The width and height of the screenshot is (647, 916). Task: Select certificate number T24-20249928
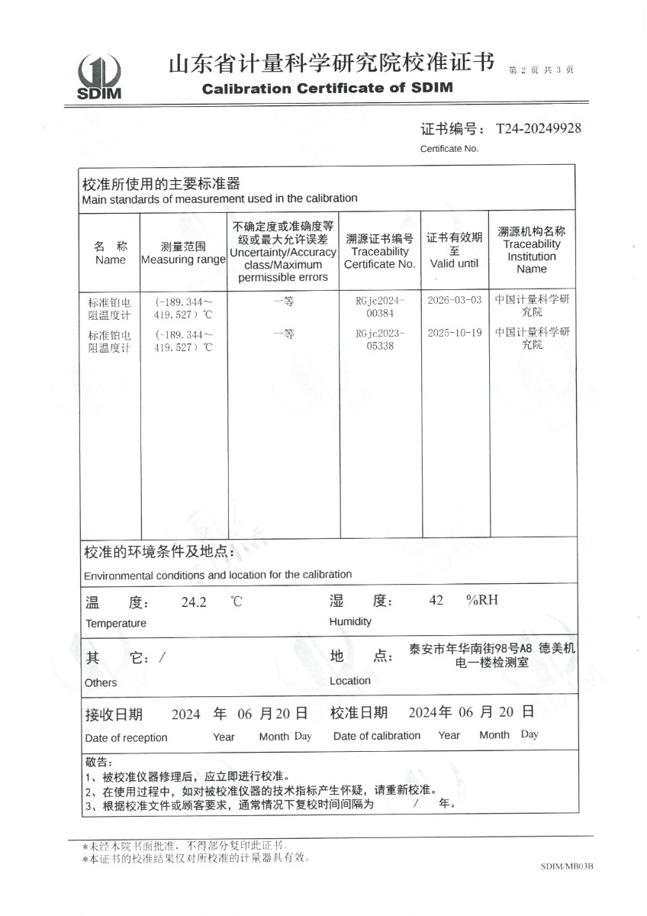(x=538, y=128)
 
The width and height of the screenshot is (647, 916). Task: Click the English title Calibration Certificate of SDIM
(x=327, y=88)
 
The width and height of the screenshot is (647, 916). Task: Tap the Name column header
(x=111, y=253)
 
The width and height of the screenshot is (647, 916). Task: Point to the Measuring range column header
(x=183, y=253)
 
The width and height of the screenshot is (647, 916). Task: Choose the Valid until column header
(x=454, y=250)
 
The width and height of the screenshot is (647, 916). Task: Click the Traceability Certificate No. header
(x=379, y=251)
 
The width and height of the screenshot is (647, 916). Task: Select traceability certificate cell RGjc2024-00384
(x=379, y=307)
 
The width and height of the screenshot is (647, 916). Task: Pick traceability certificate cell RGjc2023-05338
(x=379, y=340)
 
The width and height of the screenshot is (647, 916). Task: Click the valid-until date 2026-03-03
(x=455, y=301)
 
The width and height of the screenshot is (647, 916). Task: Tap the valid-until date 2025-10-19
(x=455, y=334)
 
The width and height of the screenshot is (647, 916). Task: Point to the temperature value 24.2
(x=194, y=602)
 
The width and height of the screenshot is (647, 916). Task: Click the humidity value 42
(x=436, y=600)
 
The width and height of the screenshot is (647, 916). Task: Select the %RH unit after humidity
(x=481, y=600)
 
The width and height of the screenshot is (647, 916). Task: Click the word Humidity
(x=350, y=621)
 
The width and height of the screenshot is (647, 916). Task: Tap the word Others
(x=101, y=682)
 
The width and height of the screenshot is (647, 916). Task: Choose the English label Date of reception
(x=126, y=737)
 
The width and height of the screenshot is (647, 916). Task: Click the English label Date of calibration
(x=377, y=736)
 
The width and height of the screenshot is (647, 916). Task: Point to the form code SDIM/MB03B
(x=566, y=866)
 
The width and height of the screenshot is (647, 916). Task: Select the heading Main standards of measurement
(x=220, y=198)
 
